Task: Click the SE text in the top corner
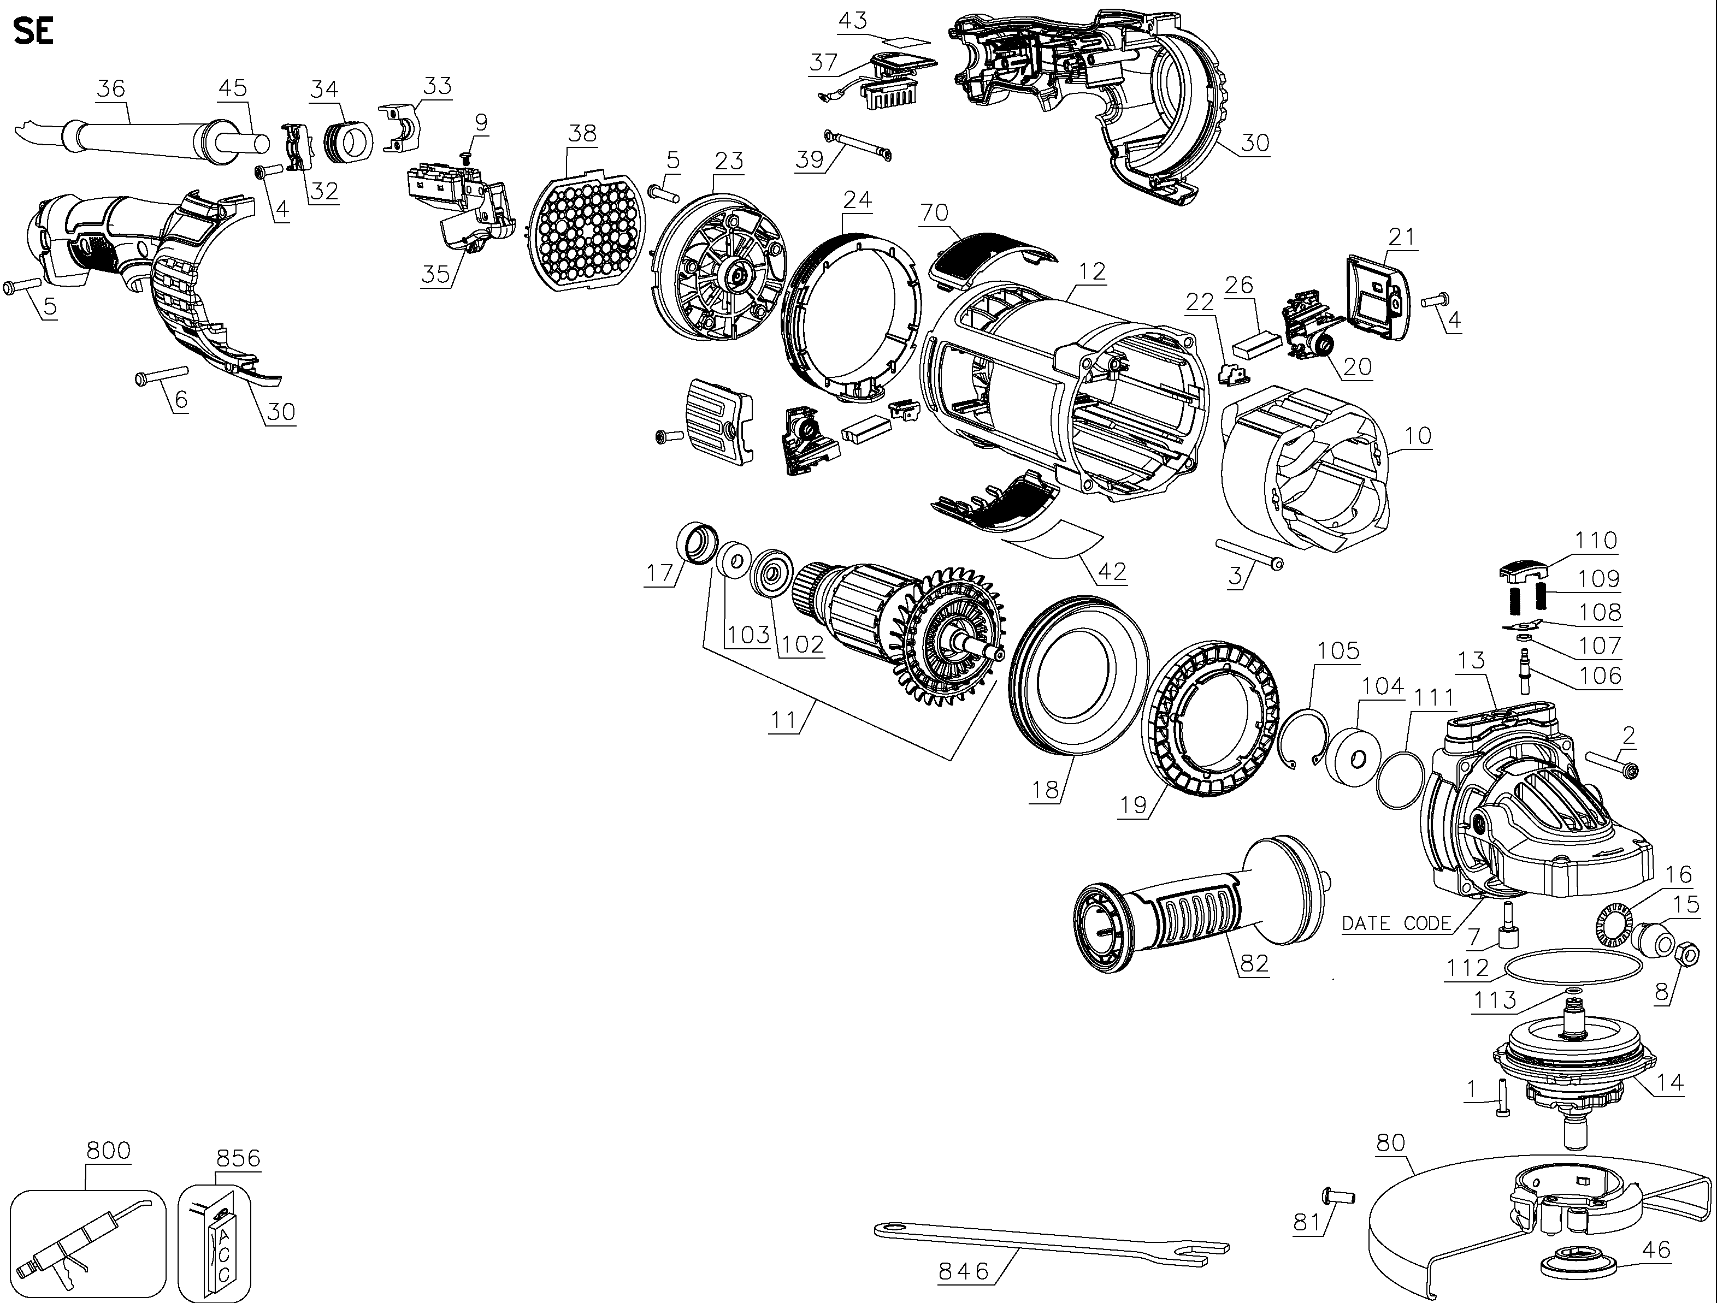[33, 33]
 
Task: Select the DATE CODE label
[1396, 923]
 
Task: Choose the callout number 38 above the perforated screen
[582, 133]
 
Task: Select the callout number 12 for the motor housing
[1092, 271]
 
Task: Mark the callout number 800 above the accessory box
[108, 1150]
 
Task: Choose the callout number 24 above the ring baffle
[858, 199]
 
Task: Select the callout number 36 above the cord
[110, 88]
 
